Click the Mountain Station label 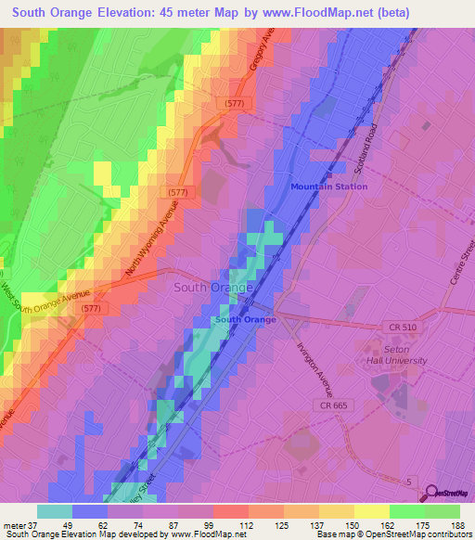[x=328, y=186]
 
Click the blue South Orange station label [x=246, y=320]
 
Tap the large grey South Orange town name [x=213, y=288]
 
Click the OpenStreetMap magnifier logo [x=432, y=495]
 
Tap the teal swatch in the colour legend [x=54, y=510]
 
